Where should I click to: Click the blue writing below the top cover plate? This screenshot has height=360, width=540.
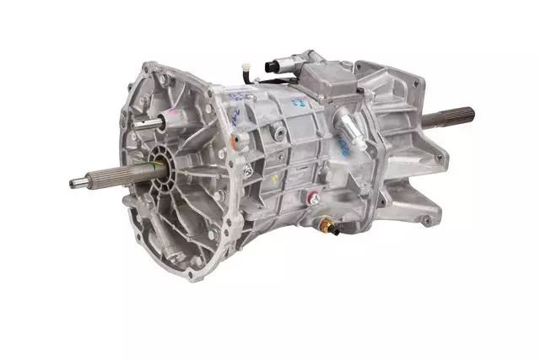[x=297, y=103]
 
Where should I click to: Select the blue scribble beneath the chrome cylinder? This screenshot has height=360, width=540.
[x=345, y=149]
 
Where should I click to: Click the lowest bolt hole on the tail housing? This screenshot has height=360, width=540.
[x=427, y=221]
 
